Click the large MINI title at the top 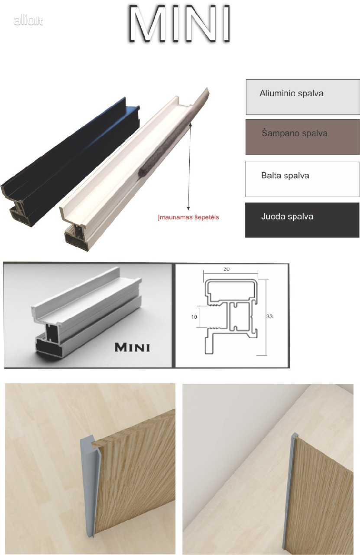pos(179,24)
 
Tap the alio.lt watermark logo pos(28,20)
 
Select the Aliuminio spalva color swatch pos(302,97)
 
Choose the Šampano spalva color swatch pos(302,137)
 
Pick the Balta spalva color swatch pos(302,179)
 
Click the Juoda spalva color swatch pos(302,220)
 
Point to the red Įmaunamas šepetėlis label pos(188,217)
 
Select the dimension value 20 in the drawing pos(226,269)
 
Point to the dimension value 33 pos(269,317)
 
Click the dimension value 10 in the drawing pos(194,317)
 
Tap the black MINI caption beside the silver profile pos(132,347)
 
